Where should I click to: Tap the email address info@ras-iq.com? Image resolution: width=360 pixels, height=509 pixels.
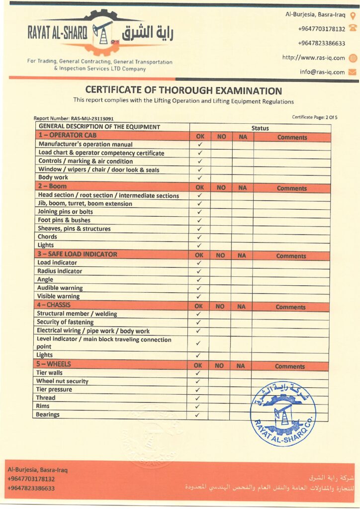[322, 72]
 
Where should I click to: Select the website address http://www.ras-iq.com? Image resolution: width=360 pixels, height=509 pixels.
[313, 58]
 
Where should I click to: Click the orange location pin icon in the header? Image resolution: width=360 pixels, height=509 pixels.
[353, 15]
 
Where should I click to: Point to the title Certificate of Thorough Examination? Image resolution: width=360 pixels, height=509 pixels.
[183, 91]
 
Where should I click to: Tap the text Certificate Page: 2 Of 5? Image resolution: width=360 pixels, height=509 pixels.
[315, 117]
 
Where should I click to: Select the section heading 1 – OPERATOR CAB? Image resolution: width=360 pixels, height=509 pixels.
[67, 135]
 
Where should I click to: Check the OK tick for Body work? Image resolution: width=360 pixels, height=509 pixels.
[200, 178]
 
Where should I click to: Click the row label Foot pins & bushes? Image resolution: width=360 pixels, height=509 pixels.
[64, 220]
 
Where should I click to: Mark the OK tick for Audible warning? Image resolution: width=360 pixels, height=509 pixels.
[199, 288]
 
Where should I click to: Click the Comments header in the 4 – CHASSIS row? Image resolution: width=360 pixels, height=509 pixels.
[290, 307]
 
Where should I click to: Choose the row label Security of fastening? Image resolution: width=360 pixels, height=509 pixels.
[66, 322]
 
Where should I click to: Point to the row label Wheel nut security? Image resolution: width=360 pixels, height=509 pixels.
[62, 381]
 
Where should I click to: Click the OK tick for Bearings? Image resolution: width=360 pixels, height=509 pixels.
[197, 415]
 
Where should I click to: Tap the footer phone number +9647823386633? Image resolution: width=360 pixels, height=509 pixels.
[31, 488]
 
